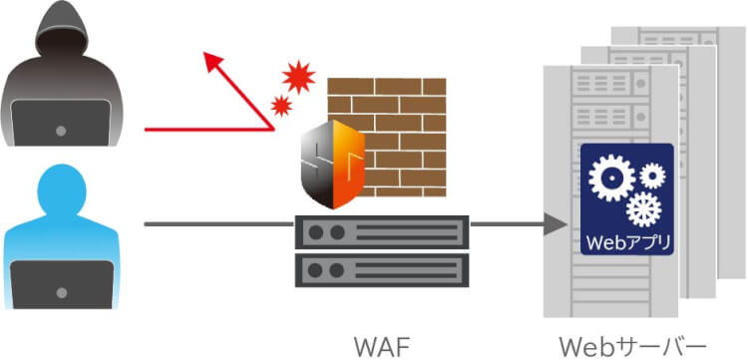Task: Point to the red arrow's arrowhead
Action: (x=210, y=62)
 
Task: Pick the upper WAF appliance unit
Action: (x=382, y=231)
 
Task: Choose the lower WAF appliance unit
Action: (x=382, y=269)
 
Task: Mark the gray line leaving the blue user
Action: (x=219, y=224)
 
